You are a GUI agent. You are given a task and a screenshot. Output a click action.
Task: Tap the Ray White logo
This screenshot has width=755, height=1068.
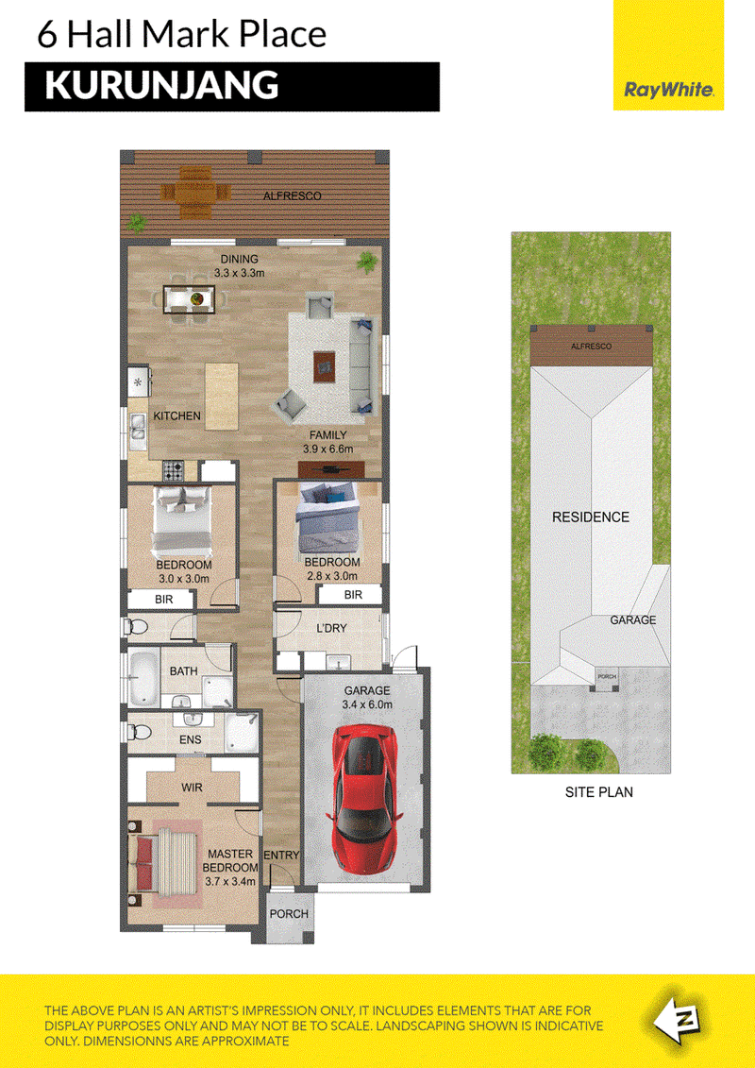click(x=668, y=90)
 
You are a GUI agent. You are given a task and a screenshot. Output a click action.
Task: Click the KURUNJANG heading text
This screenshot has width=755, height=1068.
click(x=162, y=86)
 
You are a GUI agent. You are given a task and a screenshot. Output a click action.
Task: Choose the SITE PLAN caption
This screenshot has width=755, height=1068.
click(x=599, y=792)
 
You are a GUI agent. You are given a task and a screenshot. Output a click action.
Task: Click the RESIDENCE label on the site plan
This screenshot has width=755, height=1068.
click(x=590, y=517)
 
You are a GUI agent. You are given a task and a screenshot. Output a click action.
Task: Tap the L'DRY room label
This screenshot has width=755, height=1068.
click(x=331, y=628)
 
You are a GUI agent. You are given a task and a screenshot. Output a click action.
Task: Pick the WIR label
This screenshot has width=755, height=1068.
click(x=192, y=788)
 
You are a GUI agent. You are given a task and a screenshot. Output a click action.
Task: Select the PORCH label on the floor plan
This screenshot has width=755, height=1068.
click(x=290, y=914)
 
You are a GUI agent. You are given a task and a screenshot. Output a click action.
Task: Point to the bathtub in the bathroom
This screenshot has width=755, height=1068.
click(x=143, y=679)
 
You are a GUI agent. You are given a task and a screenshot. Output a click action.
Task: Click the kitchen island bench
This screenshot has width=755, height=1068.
click(x=222, y=396)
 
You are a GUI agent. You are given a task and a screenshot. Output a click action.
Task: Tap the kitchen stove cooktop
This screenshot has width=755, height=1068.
click(x=173, y=470)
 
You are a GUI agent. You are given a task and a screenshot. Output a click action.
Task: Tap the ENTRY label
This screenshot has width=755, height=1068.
click(x=281, y=856)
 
